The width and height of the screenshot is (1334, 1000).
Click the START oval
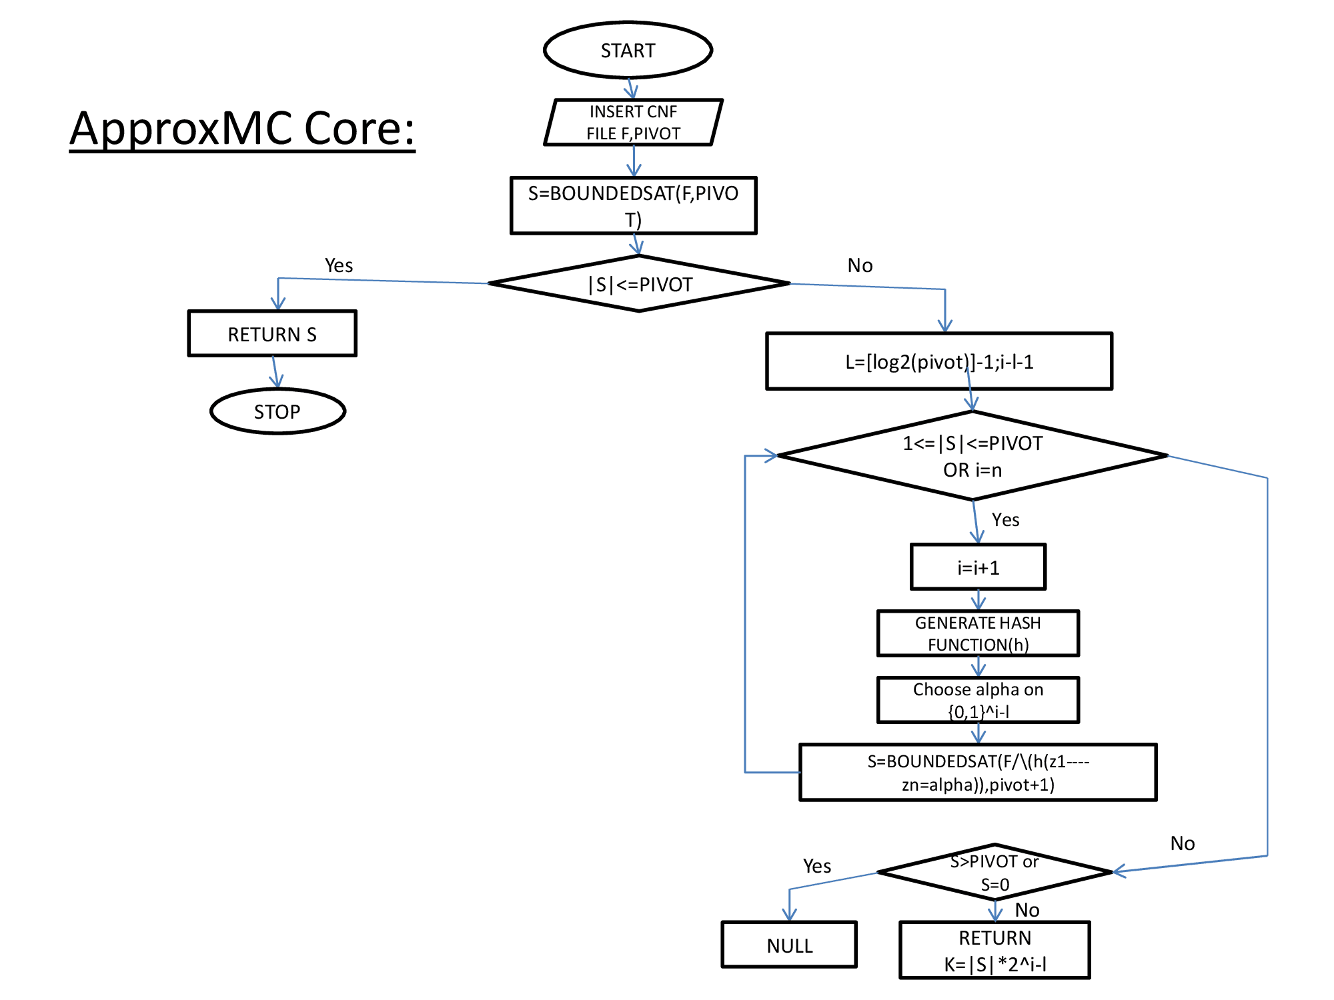628,51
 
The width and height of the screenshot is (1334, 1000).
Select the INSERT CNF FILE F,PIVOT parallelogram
633,123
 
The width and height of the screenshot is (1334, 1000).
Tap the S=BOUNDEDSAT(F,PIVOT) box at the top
633,205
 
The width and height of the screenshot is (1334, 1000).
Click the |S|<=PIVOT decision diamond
639,285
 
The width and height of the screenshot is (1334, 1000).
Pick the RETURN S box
272,334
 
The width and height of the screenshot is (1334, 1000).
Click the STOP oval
277,411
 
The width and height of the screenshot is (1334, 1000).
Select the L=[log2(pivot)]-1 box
939,361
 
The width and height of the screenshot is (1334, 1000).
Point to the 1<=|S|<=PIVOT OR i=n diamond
972,456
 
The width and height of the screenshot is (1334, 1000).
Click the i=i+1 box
978,567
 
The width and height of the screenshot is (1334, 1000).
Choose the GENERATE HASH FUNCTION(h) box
978,633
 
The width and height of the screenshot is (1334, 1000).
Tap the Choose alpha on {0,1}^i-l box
978,700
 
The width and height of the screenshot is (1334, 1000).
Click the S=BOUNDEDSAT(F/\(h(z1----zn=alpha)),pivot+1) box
978,773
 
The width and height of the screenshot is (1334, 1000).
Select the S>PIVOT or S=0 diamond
994,873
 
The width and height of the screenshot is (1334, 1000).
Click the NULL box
789,945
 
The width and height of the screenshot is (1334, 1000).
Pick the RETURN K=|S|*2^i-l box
994,951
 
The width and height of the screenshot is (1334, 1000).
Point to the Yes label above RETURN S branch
339,265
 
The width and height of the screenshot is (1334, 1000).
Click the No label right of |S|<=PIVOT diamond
860,265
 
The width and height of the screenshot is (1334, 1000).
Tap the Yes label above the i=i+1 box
1005,520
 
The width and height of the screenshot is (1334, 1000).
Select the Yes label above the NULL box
817,866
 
